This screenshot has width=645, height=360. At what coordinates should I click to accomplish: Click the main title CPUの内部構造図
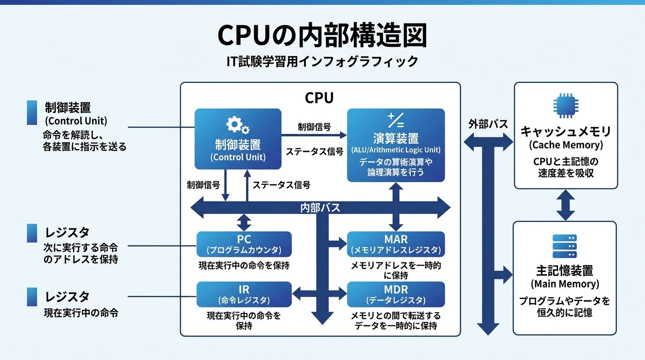click(x=322, y=36)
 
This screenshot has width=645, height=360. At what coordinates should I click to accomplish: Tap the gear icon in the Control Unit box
click(x=238, y=125)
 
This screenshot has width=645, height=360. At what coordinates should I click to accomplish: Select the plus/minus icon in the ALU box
click(x=396, y=120)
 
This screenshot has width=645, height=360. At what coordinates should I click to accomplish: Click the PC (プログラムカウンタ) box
click(x=244, y=244)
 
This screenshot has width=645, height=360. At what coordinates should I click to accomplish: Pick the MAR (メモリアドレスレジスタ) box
click(x=396, y=244)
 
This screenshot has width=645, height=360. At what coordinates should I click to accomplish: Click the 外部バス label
click(x=488, y=124)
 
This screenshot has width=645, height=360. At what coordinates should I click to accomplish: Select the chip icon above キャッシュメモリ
click(x=565, y=106)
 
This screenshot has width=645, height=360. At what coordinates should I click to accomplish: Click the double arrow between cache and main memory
click(x=565, y=205)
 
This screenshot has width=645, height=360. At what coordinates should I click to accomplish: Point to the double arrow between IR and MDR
click(x=319, y=294)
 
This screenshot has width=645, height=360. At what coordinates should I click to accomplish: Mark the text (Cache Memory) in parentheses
click(x=565, y=145)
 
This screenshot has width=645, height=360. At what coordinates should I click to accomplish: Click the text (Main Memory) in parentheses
click(x=565, y=284)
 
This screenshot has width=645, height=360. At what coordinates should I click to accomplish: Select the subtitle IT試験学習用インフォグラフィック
click(x=322, y=61)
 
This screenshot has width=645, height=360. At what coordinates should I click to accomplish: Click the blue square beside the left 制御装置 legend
click(x=32, y=112)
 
